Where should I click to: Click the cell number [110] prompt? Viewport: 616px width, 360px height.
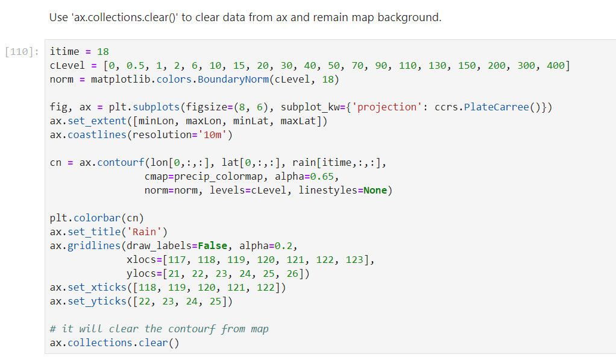(22, 51)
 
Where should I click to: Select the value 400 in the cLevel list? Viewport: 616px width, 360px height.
(556, 65)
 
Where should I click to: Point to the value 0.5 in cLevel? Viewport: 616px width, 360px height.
(136, 65)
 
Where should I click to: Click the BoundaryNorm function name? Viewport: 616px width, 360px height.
(233, 80)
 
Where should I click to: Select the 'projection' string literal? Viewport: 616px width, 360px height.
(386, 107)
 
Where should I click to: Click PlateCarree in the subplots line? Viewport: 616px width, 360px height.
(496, 107)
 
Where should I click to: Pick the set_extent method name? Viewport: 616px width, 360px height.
(97, 121)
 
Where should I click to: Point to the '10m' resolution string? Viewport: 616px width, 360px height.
(213, 135)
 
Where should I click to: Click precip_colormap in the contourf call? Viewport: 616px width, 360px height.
(218, 177)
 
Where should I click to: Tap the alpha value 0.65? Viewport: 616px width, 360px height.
(322, 177)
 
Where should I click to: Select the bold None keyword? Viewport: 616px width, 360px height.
(375, 190)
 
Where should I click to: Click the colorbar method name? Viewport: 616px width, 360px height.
(97, 218)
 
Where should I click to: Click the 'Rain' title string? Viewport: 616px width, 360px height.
(144, 232)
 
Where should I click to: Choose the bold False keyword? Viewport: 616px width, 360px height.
(213, 245)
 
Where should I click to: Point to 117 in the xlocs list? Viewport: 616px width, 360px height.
(177, 260)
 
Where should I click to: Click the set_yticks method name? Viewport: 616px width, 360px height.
(97, 302)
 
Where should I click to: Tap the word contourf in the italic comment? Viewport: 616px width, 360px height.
(192, 329)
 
